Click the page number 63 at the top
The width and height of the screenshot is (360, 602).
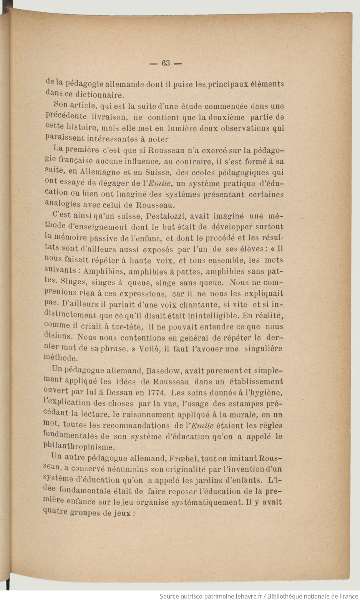pos(166,63)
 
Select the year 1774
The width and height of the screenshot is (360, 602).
pos(155,393)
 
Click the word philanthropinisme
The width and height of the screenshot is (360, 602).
pos(79,447)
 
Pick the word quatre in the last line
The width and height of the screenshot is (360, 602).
pos(56,513)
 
